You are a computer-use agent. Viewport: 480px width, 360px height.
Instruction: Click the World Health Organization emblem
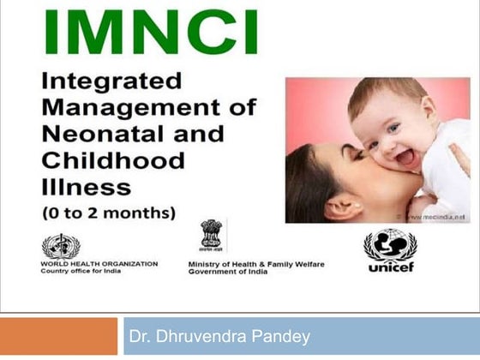click(58, 246)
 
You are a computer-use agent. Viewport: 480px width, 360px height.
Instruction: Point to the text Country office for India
click(82, 271)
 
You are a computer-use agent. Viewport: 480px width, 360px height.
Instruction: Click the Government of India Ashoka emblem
click(211, 236)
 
